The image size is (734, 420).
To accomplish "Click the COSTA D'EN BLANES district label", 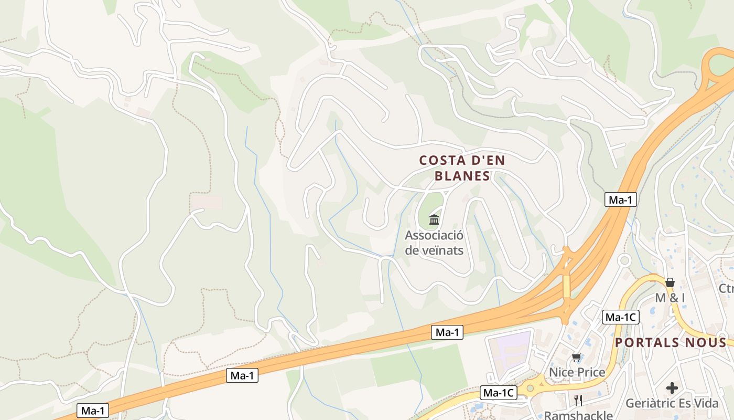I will (462, 168).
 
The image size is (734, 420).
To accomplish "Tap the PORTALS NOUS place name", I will (671, 343).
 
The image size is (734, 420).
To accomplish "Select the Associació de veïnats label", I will (434, 243).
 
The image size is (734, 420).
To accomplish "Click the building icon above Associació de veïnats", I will (434, 219).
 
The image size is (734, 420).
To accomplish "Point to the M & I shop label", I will (670, 298).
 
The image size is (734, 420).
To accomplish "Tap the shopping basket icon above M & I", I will (670, 282).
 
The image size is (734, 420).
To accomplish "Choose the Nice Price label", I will (577, 372).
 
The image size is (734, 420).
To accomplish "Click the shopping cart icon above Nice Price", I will (577, 358).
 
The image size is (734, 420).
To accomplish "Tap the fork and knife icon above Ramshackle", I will (578, 401).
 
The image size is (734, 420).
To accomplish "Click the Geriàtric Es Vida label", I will (672, 403).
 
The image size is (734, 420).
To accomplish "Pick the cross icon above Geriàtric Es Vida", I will (672, 388).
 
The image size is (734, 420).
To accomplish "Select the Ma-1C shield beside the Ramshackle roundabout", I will (499, 393).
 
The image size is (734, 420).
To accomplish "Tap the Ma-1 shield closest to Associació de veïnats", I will (447, 332).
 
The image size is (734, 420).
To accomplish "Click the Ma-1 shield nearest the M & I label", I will (621, 199).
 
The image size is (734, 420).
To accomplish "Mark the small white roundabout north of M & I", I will (624, 260).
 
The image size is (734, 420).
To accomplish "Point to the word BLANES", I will (462, 176).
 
